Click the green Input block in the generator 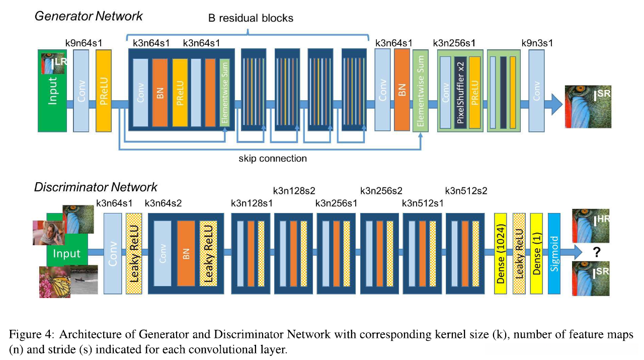52,101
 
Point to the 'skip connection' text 273,158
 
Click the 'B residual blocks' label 250,18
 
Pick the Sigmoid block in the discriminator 554,253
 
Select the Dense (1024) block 501,253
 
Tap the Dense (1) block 536,253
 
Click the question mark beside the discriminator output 597,252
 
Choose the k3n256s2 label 381,191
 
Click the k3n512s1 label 423,203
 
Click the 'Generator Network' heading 89,16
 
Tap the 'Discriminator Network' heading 96,187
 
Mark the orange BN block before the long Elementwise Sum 402,91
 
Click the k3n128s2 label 294,191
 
